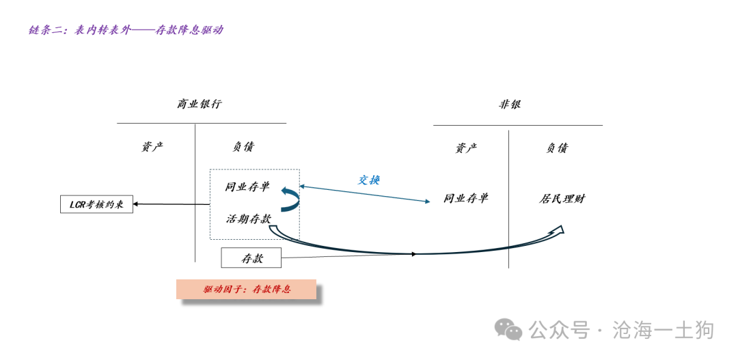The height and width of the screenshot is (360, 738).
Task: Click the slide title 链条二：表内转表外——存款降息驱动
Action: tap(126, 30)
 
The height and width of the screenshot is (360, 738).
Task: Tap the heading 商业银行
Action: tap(200, 105)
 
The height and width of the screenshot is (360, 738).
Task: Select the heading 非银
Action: tap(510, 105)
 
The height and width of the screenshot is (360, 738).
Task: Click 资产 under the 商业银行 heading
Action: tap(152, 147)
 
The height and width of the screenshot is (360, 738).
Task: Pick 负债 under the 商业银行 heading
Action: tap(243, 147)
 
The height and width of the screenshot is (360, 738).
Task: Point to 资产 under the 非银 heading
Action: tap(466, 148)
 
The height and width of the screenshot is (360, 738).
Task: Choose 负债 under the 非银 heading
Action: tap(557, 148)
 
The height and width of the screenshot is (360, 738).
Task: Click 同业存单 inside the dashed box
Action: tap(247, 186)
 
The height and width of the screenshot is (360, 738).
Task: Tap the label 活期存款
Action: tap(249, 219)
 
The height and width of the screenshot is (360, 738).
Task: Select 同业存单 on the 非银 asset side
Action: tap(466, 199)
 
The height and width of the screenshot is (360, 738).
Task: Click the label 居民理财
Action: tap(562, 199)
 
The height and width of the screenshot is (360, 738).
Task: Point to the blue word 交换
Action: tap(369, 180)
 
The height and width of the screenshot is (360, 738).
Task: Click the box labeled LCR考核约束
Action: tap(96, 204)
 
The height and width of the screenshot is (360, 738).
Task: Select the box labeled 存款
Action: tap(251, 258)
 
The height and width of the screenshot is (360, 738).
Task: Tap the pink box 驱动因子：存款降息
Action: tap(247, 289)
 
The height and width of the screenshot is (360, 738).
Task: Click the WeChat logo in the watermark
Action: tap(509, 330)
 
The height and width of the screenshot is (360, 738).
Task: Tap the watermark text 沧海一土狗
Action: tap(663, 330)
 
